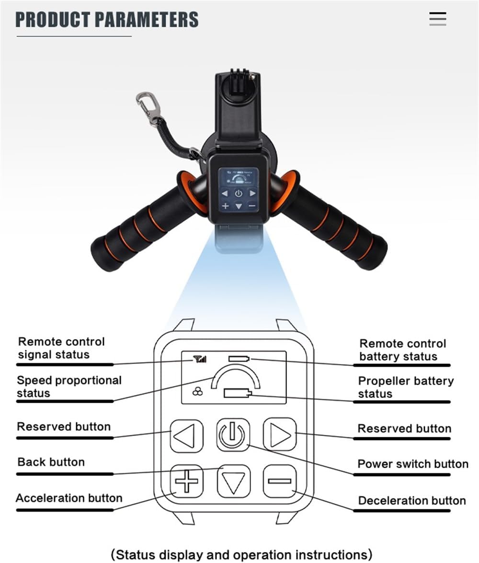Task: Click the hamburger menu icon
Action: click(x=437, y=19)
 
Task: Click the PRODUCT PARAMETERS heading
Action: click(x=107, y=20)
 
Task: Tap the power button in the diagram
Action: click(x=232, y=435)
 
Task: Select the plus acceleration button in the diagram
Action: click(x=186, y=481)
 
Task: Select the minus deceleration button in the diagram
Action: click(x=279, y=481)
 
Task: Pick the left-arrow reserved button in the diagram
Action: click(x=186, y=436)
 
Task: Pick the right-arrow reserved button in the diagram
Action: click(x=279, y=434)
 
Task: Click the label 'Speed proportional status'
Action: click(x=69, y=387)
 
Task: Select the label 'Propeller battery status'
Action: click(x=405, y=387)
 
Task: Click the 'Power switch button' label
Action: click(x=412, y=464)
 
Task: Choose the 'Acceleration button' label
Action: click(x=69, y=498)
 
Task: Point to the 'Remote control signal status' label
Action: click(x=61, y=348)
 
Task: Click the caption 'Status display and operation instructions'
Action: click(x=241, y=554)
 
